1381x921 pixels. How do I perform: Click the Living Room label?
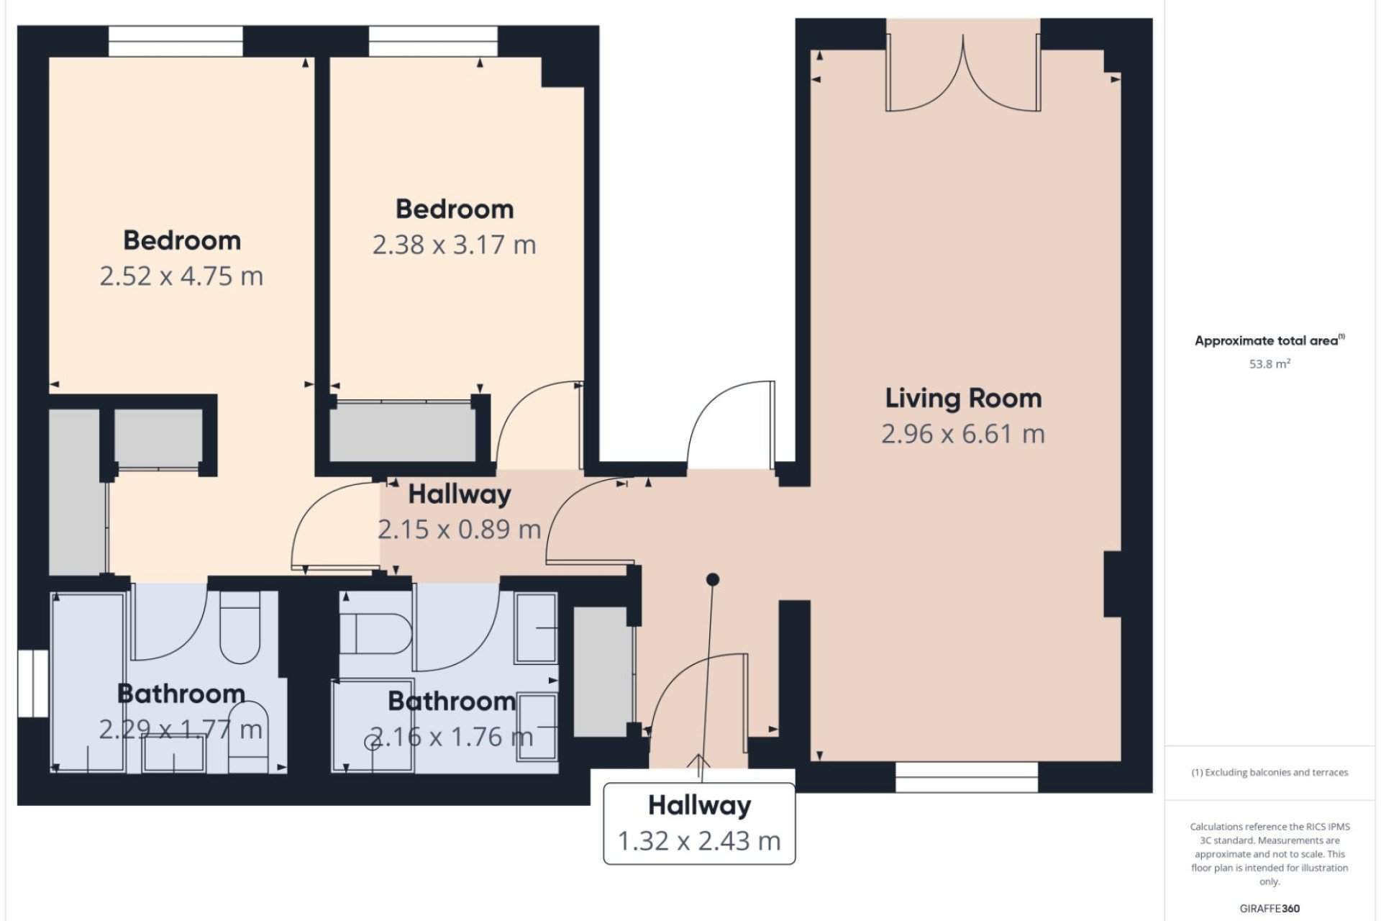(963, 398)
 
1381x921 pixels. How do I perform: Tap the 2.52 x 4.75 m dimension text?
(181, 276)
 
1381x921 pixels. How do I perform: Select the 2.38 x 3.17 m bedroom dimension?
(455, 245)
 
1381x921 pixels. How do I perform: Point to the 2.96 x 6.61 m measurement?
(963, 434)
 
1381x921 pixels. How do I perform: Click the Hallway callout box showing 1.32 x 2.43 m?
(699, 823)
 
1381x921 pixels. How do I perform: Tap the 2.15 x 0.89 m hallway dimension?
(460, 530)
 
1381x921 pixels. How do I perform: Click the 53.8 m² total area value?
(1270, 364)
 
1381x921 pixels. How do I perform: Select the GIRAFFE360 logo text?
(1270, 909)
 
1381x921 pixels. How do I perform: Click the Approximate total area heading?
(1270, 340)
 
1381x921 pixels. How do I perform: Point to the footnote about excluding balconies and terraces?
(1270, 773)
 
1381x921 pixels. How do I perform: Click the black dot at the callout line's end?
(713, 579)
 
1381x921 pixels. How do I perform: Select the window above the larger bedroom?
(176, 41)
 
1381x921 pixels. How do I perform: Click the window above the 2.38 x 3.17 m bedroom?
(433, 41)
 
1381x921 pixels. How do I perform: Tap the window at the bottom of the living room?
(967, 777)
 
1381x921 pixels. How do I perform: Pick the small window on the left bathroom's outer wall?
(33, 684)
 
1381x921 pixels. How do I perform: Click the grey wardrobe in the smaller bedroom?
(403, 432)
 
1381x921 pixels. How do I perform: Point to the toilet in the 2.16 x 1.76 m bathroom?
(375, 633)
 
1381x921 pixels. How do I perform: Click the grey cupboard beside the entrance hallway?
(602, 672)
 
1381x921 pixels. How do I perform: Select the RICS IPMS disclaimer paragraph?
(1270, 854)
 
